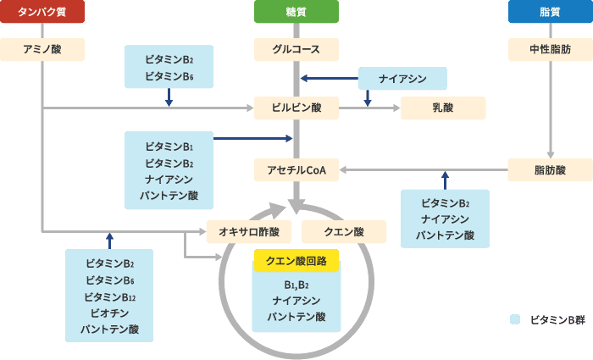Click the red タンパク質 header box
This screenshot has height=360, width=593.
[x=42, y=12]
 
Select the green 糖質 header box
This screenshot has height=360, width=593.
[x=296, y=12]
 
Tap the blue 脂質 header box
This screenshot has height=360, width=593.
[x=550, y=12]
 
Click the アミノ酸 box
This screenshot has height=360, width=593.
[x=42, y=50]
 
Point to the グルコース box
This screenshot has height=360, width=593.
[x=296, y=50]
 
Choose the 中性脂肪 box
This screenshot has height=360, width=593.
[x=550, y=50]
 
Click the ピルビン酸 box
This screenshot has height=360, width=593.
[x=296, y=108]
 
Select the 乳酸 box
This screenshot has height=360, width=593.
[x=443, y=108]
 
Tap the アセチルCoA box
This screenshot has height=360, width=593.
[x=296, y=170]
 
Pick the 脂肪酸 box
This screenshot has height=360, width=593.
[x=550, y=170]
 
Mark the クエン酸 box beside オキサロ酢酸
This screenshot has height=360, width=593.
[x=344, y=231]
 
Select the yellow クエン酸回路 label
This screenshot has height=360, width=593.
[x=296, y=261]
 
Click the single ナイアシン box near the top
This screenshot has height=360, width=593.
[x=402, y=79]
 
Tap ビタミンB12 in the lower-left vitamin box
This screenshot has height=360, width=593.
[x=109, y=296]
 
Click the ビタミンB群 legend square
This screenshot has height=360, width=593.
[x=513, y=321]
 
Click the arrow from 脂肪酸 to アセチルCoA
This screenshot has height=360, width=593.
[x=424, y=170]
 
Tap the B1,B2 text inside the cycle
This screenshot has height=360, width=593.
[x=296, y=285]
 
